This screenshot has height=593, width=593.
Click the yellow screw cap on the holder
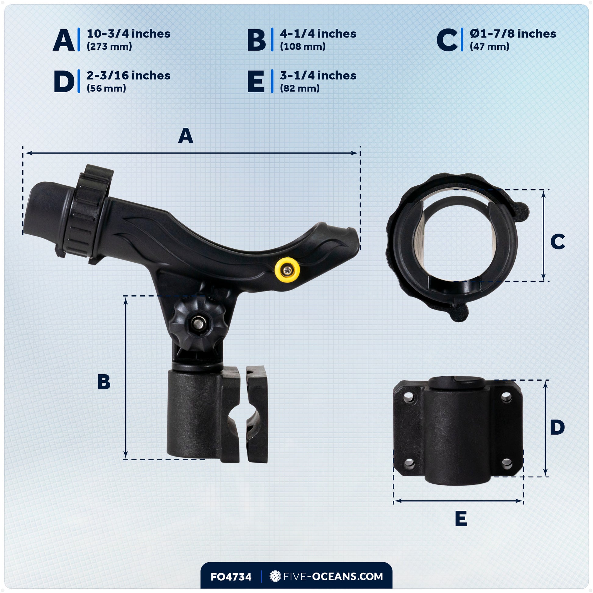coord(287,270)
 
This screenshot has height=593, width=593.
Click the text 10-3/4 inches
coord(128,34)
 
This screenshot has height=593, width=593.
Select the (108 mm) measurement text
coord(302,47)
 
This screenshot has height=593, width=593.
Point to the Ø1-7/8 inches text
coord(513,34)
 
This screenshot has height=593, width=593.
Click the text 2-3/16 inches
coord(128,76)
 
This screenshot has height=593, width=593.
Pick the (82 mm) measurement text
coord(300,88)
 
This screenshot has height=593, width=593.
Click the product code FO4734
coord(231,577)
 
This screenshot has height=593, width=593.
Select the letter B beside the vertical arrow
coord(104,382)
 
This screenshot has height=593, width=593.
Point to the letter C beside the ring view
coord(557,242)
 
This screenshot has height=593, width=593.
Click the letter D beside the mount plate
coord(557,427)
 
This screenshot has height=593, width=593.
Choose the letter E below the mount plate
coord(461,519)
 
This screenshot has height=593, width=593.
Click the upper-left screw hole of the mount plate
coord(409,399)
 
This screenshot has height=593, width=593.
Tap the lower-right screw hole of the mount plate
coord(507,463)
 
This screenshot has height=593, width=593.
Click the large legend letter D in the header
coord(64,82)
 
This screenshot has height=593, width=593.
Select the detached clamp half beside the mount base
coord(257,414)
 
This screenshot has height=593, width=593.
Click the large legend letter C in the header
coord(447,40)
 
